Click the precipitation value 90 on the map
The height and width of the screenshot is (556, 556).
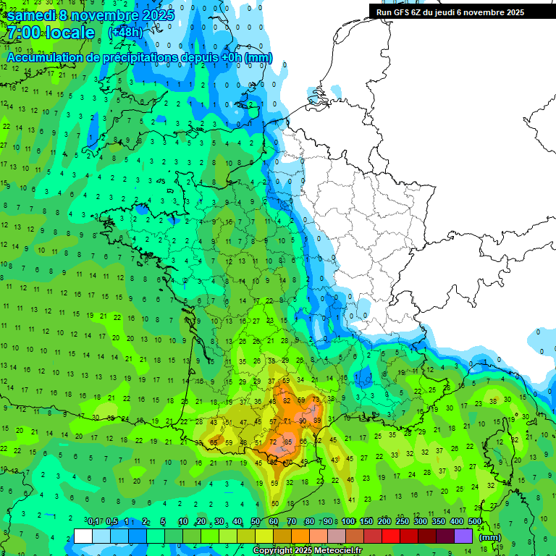click(303, 421)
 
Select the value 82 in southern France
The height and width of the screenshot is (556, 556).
click(287, 400)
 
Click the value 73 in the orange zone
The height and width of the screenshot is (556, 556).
click(316, 400)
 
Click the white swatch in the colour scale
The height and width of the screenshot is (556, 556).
click(83, 536)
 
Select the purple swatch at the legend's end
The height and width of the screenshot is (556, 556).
click(463, 536)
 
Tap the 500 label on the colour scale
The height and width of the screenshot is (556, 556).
click(475, 522)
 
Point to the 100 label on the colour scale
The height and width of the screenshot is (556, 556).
click(348, 522)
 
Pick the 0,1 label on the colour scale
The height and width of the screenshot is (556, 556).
click(93, 522)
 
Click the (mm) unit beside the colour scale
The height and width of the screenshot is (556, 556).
click(490, 537)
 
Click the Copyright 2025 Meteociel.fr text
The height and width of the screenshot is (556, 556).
click(308, 551)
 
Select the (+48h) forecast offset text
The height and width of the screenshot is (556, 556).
click(125, 33)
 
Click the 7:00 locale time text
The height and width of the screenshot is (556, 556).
click(51, 33)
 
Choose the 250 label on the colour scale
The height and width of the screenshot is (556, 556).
click(403, 522)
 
